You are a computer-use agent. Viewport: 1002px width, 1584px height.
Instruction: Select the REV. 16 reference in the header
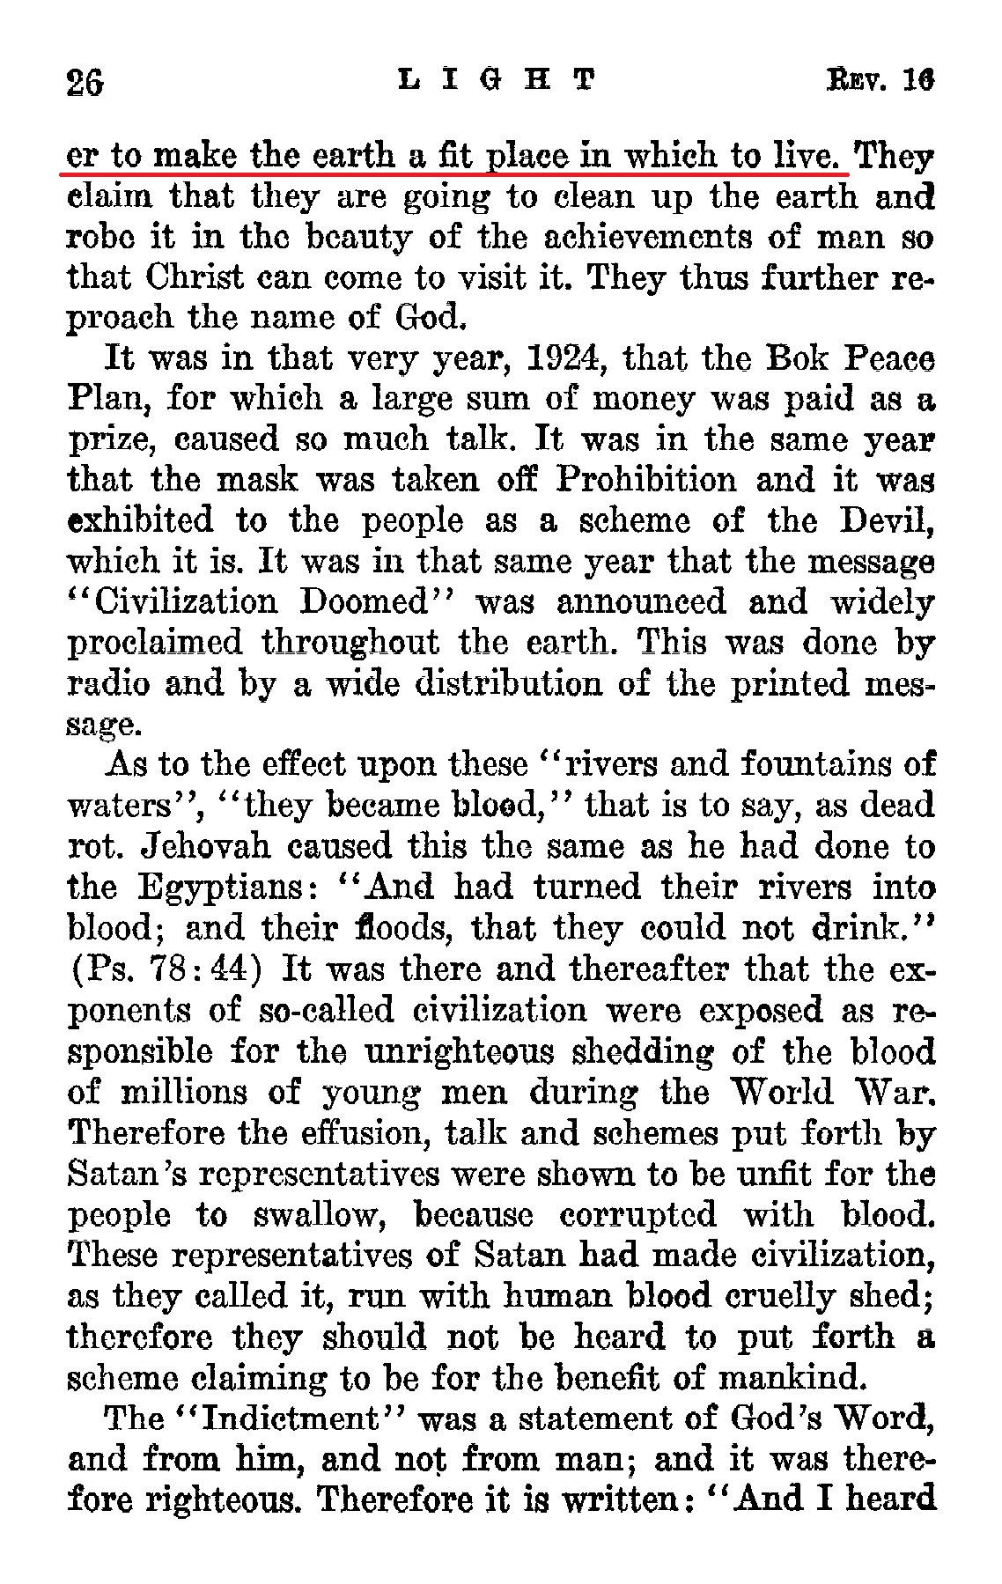pos(880,81)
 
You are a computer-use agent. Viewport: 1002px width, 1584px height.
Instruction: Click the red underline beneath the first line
pos(458,173)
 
